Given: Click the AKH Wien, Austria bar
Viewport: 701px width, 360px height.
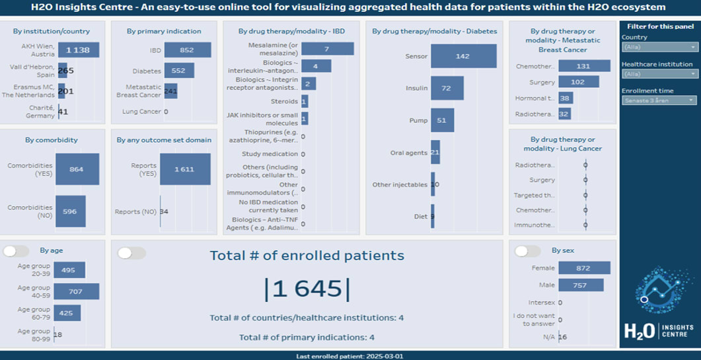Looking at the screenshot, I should point(78,50).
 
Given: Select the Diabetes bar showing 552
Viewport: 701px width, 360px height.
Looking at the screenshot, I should point(179,71).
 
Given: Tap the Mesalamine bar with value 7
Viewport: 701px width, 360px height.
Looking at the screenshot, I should point(326,49).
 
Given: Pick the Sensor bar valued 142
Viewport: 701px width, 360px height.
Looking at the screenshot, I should point(463,56).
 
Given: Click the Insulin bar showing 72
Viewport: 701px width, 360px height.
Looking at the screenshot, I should point(446,88).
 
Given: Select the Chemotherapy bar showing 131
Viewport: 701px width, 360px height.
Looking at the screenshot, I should point(583,66).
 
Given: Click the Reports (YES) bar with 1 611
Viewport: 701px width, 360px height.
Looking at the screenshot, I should point(185,169).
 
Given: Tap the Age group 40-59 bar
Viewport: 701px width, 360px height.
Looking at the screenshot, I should point(76,291).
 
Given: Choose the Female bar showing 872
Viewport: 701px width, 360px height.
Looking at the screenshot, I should point(583,268).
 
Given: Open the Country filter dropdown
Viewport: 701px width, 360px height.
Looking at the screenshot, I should point(659,47).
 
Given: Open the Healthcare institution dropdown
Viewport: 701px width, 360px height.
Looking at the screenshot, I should point(659,74).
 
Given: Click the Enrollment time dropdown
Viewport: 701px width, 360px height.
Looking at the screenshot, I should point(659,100).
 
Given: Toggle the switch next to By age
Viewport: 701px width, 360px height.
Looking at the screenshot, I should point(17,251).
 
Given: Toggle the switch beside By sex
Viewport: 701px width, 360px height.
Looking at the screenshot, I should point(527,251).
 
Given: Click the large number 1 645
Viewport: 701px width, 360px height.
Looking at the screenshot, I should point(307,289).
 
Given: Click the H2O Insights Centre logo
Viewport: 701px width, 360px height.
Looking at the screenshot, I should point(659,304).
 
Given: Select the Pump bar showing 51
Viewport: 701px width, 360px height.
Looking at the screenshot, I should point(442,120).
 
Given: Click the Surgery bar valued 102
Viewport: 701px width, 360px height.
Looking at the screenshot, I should point(578,82).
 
